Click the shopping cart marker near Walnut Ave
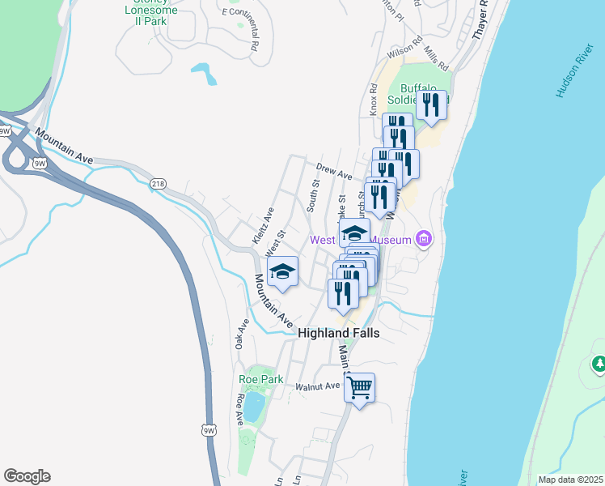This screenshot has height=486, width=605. coord(359,388)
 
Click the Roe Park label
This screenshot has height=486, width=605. coord(261,378)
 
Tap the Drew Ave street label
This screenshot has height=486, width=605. coord(334,173)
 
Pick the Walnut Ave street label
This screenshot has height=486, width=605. coord(317,386)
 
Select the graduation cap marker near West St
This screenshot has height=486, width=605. coord(282,272)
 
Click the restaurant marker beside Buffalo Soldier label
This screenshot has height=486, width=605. coord(431,105)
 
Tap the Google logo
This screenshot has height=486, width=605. coord(27,476)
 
